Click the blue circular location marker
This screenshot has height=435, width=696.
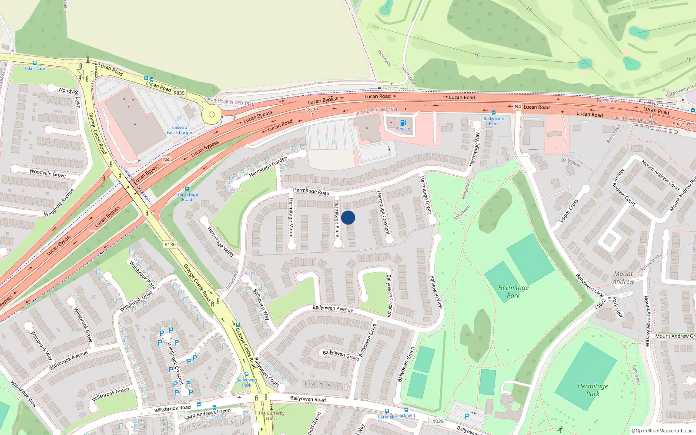click(x=348, y=217)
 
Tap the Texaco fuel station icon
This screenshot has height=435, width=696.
click(x=403, y=123)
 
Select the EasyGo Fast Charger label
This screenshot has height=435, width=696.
click(x=179, y=130)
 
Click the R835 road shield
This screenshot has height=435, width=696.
click(x=179, y=93)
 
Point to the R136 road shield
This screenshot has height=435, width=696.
click(x=170, y=244)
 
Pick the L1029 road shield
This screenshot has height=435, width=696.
click(x=437, y=421)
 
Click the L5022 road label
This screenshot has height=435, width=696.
click(x=601, y=303)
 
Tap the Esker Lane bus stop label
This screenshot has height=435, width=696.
click(x=35, y=69)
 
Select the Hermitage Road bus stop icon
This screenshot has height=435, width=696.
click(x=187, y=189)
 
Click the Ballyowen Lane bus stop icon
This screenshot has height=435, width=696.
click(x=494, y=113)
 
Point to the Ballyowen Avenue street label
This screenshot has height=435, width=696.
click(x=333, y=308)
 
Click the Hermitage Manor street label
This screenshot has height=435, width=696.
click(x=291, y=217)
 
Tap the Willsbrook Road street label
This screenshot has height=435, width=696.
click(x=172, y=408)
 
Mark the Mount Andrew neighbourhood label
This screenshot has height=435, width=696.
click(x=623, y=278)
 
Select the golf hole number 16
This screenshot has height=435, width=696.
click(x=477, y=55)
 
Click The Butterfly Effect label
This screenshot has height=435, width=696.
click(x=271, y=416)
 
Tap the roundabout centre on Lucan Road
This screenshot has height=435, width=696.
click(x=211, y=115)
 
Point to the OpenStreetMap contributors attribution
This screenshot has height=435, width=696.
click(x=663, y=431)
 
